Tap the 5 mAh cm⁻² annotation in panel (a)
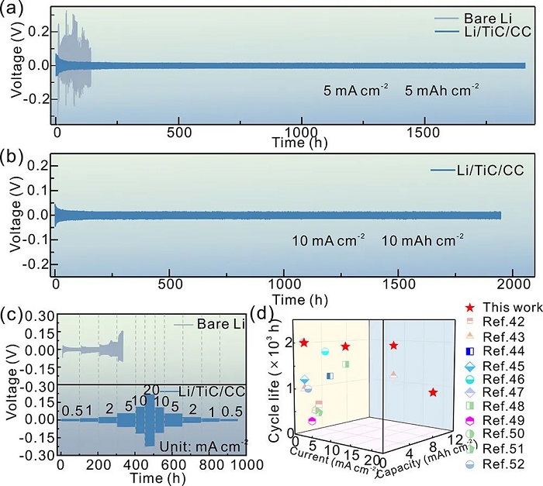[441, 89]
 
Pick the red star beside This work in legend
[458, 306]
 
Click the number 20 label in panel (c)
[151, 388]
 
